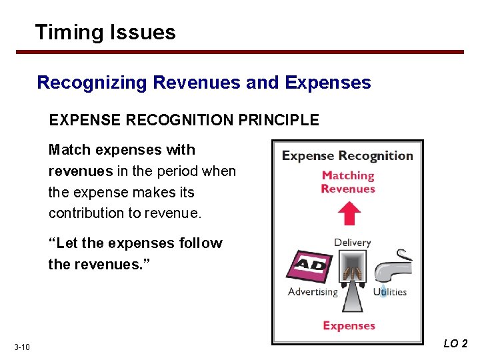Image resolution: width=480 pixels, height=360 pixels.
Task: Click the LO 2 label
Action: pos(455,344)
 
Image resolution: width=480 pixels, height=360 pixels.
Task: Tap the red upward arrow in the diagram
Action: pos(347,214)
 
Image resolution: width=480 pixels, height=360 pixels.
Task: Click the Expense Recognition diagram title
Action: pos(347,156)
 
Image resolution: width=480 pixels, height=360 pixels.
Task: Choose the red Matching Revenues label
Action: pos(347,182)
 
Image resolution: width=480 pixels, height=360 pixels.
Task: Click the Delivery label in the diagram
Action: pos(352,242)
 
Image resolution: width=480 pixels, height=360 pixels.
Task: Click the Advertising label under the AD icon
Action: pos(313,292)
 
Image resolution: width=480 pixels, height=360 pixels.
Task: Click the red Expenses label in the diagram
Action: pos(349,325)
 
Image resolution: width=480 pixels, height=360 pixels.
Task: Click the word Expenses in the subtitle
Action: pos(327,83)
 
